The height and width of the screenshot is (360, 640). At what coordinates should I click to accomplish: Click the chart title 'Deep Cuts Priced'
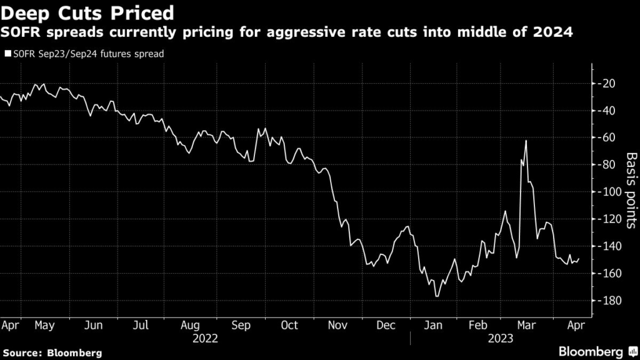click(x=87, y=12)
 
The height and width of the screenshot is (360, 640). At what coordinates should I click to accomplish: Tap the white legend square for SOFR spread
click(x=7, y=54)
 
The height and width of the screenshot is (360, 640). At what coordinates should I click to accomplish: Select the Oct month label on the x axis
click(x=289, y=325)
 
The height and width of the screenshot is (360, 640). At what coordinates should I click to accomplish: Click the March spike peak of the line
click(x=526, y=141)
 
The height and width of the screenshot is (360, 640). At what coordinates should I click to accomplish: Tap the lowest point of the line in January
click(x=436, y=296)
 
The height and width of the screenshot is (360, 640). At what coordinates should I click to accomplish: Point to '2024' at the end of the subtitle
click(x=554, y=33)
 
